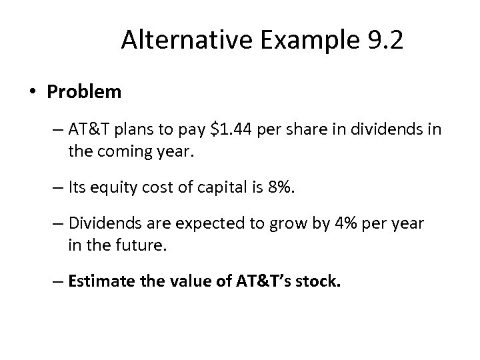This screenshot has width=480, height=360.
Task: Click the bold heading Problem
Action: pos(84,91)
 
